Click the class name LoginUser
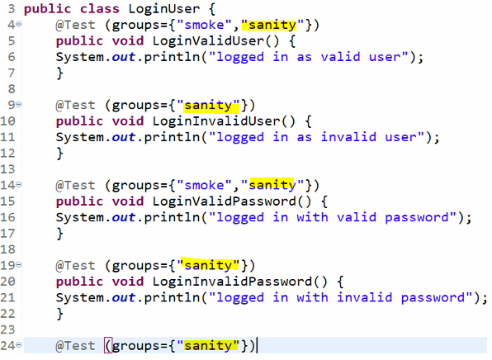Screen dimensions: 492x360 pos(163,9)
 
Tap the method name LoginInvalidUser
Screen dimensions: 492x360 pos(216,121)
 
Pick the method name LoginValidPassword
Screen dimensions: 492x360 pos(224,201)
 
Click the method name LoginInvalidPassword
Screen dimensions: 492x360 pos(232,282)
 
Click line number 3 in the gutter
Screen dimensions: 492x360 pos(12,9)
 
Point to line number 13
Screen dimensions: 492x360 pos(8,169)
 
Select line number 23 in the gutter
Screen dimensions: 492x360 pos(8,330)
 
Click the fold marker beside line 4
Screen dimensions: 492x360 pos(19,24)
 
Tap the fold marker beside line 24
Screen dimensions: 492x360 pos(19,345)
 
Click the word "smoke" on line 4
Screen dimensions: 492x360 pos(204,25)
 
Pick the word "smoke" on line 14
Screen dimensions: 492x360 pos(204,186)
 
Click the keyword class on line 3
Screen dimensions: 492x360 pos(100,9)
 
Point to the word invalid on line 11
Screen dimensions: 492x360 pos(348,137)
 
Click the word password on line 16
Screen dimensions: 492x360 pos(417,217)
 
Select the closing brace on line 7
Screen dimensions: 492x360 pos(59,73)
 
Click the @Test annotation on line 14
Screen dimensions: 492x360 pos(75,186)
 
